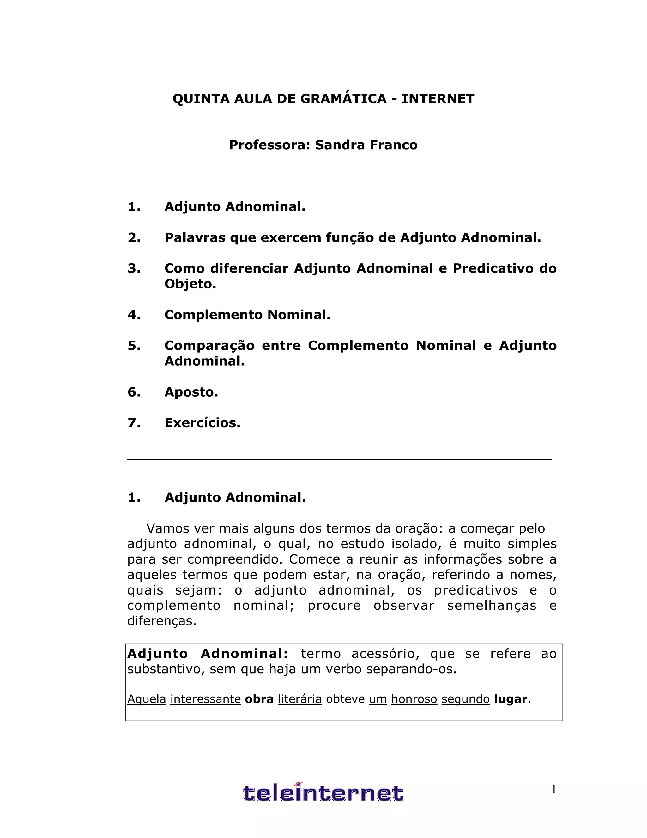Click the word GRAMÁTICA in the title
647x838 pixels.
coord(343,99)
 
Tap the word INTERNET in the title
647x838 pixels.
coord(438,99)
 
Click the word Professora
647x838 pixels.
coord(269,145)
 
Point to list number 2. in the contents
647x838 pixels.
coord(134,238)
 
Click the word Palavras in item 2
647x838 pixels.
coord(195,238)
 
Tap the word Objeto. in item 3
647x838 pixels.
coord(190,284)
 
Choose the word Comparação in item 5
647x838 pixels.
coord(209,346)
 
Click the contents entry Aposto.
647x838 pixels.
coord(191,392)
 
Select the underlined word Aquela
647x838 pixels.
coord(146,699)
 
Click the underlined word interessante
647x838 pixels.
coord(205,699)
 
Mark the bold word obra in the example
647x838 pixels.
coord(259,699)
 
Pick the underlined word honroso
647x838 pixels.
coord(414,699)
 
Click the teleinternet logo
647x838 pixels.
coord(323,793)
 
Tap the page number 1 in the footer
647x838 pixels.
coord(553,790)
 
